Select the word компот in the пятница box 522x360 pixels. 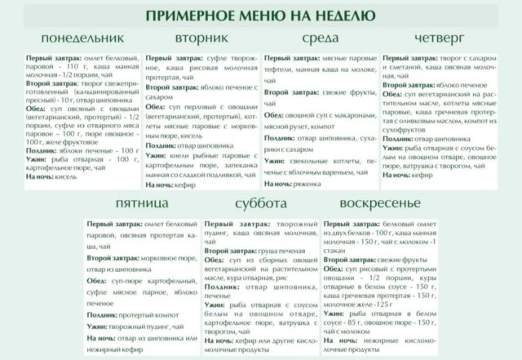(166, 313)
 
